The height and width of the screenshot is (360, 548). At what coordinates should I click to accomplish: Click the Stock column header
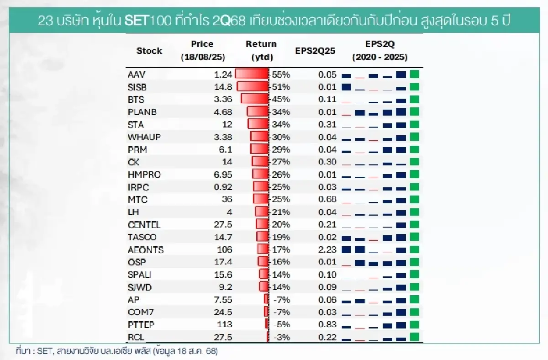(x=149, y=51)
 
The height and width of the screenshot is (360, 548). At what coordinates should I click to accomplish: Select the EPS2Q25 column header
(x=315, y=51)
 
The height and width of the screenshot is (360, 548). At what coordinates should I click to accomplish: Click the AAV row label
(x=137, y=74)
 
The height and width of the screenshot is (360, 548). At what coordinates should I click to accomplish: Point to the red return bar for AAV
(x=251, y=74)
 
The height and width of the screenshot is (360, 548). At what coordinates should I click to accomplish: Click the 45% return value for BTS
(x=280, y=99)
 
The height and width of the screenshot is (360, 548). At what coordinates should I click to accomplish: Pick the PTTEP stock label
(x=141, y=324)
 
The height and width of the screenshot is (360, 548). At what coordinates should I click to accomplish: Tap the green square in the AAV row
(x=414, y=74)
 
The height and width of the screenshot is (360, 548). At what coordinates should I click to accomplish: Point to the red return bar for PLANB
(x=257, y=112)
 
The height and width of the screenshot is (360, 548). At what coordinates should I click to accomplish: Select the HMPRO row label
(x=144, y=175)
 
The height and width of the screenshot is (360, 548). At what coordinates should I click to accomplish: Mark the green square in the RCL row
(x=414, y=337)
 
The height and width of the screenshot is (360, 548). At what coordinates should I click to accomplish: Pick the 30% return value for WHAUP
(x=280, y=137)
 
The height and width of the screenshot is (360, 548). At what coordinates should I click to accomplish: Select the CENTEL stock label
(x=144, y=224)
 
